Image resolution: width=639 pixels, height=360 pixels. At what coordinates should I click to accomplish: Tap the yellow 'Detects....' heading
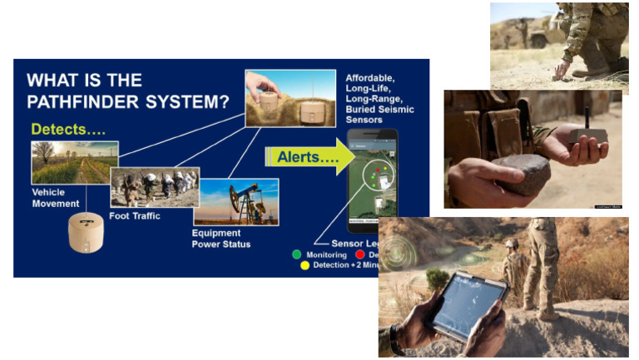pyautogui.click(x=66, y=130)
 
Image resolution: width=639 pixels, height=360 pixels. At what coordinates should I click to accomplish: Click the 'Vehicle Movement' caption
pyautogui.click(x=57, y=198)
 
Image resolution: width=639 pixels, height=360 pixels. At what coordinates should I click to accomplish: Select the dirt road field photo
pyautogui.click(x=74, y=162)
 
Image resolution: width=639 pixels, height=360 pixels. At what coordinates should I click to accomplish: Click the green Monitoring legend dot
pyautogui.click(x=296, y=254)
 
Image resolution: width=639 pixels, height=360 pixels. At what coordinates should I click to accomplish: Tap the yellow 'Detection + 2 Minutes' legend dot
pyautogui.click(x=305, y=265)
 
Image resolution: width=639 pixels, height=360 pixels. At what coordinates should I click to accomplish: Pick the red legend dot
pyautogui.click(x=359, y=254)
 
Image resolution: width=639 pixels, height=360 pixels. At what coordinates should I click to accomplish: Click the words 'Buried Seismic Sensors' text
pyautogui.click(x=379, y=115)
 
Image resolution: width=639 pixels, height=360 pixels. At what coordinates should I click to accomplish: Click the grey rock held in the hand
pyautogui.click(x=523, y=173)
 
